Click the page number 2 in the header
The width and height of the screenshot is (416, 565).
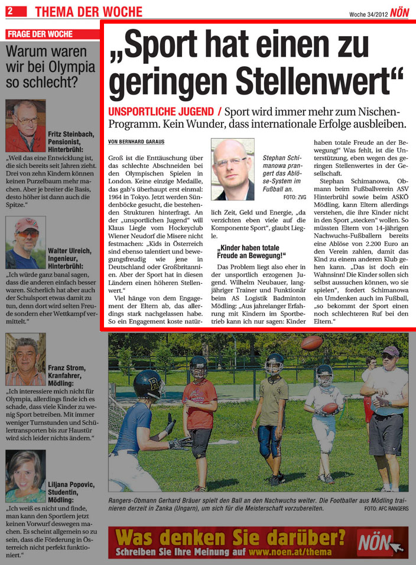point(12,12)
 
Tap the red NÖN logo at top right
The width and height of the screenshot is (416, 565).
point(399,12)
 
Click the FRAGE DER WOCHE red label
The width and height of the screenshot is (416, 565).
point(41,34)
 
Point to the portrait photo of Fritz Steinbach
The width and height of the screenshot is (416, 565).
point(25,125)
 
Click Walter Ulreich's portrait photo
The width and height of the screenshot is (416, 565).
point(25,243)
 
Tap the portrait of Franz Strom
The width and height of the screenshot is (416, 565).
point(25,359)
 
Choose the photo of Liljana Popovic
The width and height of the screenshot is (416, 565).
point(25,476)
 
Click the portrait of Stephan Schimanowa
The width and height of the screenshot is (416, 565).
point(232,170)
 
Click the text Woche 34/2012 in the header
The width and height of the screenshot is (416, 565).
point(368,14)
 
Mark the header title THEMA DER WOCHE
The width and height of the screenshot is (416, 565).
point(89,12)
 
